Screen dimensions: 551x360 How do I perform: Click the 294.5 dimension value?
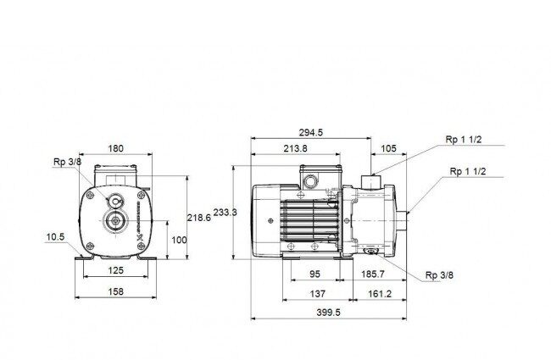[310, 132]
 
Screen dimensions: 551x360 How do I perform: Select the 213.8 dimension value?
[295, 148]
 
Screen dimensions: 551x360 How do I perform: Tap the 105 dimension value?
[388, 148]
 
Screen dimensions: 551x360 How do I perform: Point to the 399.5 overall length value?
[328, 313]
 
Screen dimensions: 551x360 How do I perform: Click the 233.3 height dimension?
[225, 212]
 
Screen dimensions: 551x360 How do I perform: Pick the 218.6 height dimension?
[199, 218]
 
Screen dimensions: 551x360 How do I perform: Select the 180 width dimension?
[115, 148]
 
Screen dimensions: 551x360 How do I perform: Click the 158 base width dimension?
[115, 291]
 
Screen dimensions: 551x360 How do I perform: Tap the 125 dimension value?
[115, 270]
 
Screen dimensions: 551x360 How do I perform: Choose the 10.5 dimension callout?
[55, 237]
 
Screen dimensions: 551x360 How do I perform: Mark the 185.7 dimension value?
[373, 274]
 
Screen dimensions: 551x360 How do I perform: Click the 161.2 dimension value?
[380, 294]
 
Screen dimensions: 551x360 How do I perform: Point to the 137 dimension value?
[317, 294]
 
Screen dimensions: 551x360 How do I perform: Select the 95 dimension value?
[314, 274]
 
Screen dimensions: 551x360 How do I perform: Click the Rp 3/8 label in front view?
[67, 162]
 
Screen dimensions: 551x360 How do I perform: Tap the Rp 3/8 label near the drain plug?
[439, 275]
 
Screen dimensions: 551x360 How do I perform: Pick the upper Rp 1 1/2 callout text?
[464, 140]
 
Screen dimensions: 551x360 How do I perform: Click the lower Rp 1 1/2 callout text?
[468, 171]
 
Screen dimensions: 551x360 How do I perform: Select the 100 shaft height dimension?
[179, 241]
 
